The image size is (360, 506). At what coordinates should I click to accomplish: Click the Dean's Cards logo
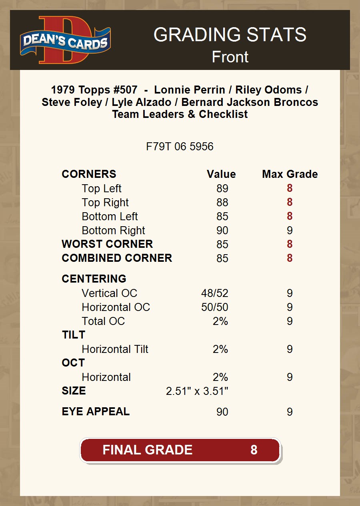[65, 40]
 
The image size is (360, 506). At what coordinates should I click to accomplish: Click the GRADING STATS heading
[230, 35]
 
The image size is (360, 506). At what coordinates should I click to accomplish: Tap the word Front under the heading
[230, 57]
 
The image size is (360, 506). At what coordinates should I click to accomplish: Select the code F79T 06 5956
[180, 147]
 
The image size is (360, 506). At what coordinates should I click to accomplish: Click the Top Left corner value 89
[222, 189]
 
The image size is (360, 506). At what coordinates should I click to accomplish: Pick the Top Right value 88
[222, 203]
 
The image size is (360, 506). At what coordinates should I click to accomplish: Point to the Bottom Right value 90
[222, 231]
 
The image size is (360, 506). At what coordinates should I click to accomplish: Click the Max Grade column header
[290, 174]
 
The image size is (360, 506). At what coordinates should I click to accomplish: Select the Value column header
[221, 174]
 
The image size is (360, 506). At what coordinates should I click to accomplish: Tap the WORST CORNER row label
[107, 244]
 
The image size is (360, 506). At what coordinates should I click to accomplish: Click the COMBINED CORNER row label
[117, 258]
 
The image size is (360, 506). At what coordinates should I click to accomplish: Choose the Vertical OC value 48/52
[214, 293]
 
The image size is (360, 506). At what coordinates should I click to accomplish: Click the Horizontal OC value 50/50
[214, 307]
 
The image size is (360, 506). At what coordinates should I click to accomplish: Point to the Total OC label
[103, 321]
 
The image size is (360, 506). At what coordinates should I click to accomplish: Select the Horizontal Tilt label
[115, 349]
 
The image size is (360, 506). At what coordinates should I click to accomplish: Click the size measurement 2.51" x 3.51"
[197, 391]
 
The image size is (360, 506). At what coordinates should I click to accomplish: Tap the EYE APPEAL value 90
[222, 412]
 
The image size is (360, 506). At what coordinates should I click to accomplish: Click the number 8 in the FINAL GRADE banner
[254, 450]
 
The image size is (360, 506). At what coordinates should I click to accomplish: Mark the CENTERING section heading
[94, 279]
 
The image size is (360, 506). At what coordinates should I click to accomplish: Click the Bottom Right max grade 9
[290, 231]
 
